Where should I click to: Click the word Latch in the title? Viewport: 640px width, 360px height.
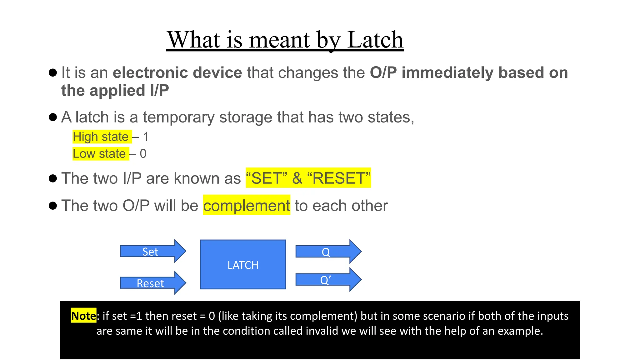375,40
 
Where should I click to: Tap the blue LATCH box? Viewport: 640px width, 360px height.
243,265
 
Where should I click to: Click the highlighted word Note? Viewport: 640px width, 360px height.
83,316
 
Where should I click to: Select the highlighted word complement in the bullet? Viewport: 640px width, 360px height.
247,206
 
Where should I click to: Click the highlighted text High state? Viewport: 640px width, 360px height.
101,137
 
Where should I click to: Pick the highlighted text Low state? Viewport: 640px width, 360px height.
99,154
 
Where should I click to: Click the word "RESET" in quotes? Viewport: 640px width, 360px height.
339,178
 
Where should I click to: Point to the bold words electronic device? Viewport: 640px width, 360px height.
177,72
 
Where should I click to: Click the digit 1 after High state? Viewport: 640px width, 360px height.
146,137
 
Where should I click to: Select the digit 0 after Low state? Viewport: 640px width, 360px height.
143,154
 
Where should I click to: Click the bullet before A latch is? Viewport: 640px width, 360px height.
53,117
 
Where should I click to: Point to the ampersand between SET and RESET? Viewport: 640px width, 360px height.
297,178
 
